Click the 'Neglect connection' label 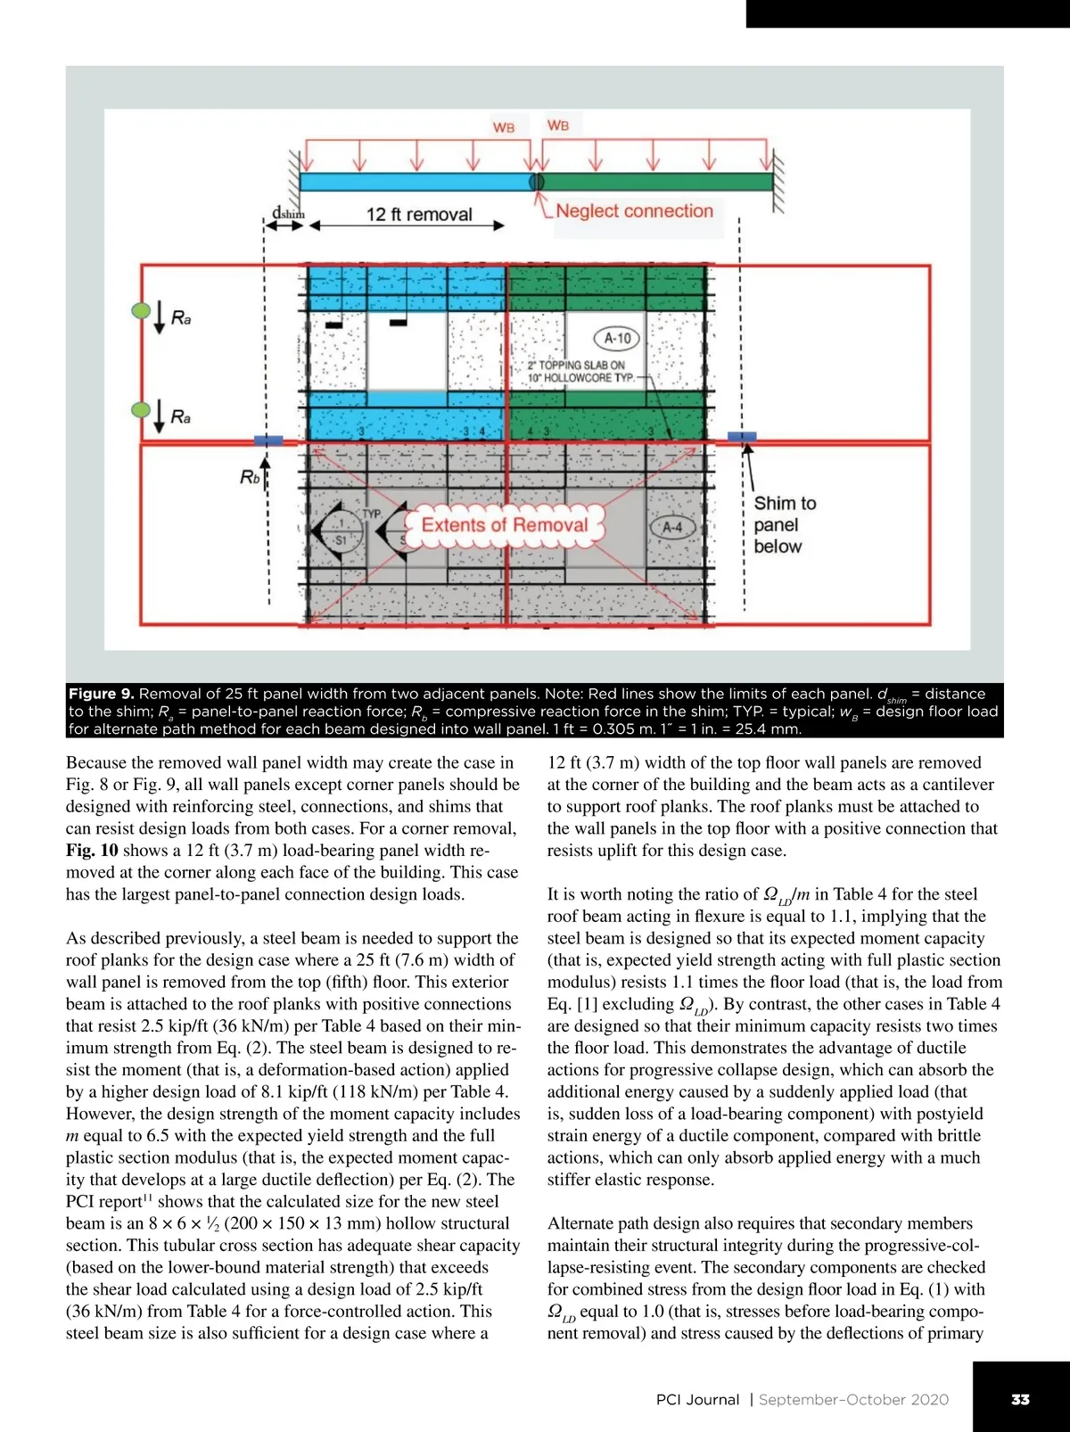634,211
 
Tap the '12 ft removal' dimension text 419,214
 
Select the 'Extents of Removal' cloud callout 504,525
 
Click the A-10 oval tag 617,338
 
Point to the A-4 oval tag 671,527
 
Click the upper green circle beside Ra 141,311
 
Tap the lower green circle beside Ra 141,409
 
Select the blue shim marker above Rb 268,440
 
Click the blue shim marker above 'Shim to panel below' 742,436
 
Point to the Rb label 251,478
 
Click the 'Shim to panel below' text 784,525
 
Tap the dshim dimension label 287,214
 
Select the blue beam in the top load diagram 416,182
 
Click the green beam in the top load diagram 657,182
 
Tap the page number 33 1020,1399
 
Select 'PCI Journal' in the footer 697,1400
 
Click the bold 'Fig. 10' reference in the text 91,851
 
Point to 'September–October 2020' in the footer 853,1400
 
